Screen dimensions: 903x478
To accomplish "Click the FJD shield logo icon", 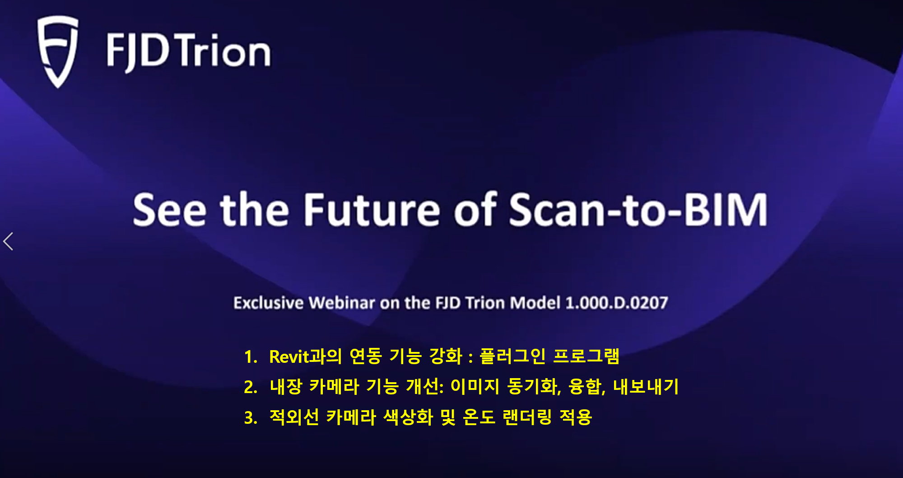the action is tap(57, 51).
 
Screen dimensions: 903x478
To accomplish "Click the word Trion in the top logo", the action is tap(223, 51).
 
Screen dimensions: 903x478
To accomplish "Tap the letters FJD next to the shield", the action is tap(138, 52).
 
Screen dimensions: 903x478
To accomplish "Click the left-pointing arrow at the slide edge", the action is tap(8, 241).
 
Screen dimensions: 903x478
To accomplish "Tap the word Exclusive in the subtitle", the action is tap(269, 303).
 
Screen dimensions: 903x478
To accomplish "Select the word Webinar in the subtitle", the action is tap(342, 303).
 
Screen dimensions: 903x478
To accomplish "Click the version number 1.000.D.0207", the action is tap(617, 303).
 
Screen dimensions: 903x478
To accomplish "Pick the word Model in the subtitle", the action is tap(535, 303).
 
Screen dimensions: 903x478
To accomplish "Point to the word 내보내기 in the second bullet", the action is tap(646, 386).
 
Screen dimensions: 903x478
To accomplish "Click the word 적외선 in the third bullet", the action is tap(294, 417).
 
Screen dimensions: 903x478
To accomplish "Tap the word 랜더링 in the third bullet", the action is tap(527, 417).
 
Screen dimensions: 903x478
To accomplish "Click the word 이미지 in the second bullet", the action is tap(475, 386).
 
